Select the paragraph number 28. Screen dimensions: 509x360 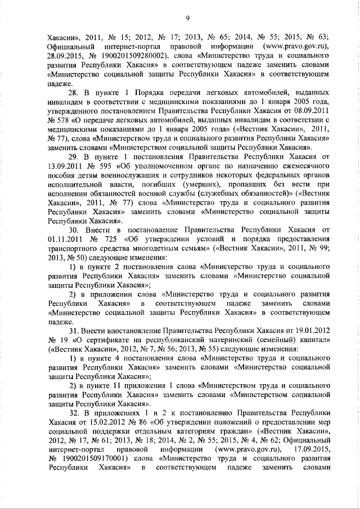point(74,93)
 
